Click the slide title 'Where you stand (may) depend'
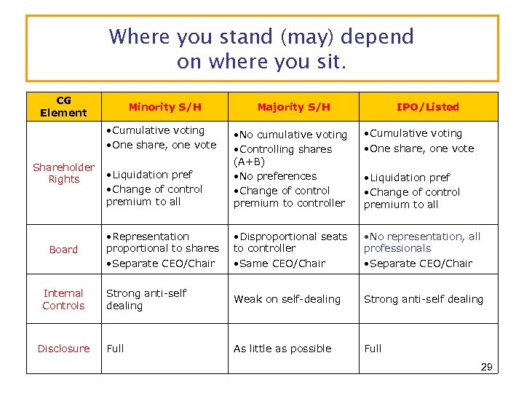coord(261,36)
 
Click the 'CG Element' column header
coord(63,106)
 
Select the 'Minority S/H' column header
coord(164,107)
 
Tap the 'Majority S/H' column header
coord(293,107)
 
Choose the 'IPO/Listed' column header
coord(427,107)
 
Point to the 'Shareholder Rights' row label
coord(63,173)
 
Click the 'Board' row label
coord(63,250)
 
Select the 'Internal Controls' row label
coord(63,299)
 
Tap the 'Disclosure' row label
coord(63,349)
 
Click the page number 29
coord(486,367)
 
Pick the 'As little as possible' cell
coord(282,349)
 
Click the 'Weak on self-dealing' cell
coord(287,299)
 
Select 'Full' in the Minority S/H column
coord(115,349)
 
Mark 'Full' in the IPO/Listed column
coord(373,349)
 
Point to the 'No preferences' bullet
coord(277,176)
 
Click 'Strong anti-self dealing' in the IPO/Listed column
coord(423,299)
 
